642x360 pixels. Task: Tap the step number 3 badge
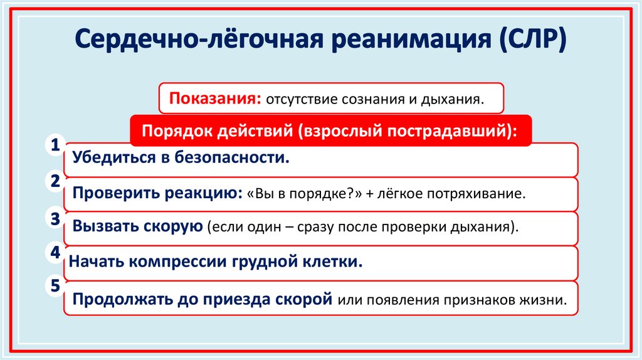click(55, 218)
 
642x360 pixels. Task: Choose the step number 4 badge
click(55, 253)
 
